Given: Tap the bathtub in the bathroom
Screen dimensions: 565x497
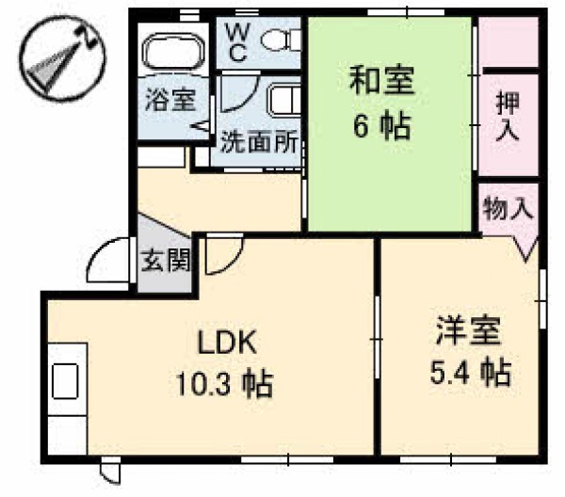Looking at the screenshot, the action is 173,51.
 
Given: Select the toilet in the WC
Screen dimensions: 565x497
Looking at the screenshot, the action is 280,40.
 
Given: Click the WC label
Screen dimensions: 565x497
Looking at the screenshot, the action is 237,43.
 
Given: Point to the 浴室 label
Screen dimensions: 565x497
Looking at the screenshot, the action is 170,100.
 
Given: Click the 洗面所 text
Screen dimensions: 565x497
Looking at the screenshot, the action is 259,141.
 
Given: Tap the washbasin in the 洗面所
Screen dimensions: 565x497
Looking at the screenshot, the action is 283,101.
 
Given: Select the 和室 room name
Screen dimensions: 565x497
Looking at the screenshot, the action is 381,80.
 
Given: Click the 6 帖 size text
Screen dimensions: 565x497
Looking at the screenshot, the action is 381,126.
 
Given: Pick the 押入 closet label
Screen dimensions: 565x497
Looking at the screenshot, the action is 508,117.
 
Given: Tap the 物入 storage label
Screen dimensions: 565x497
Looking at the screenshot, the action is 508,209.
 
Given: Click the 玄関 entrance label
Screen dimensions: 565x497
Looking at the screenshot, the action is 166,260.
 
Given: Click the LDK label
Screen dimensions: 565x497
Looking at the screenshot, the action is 227,342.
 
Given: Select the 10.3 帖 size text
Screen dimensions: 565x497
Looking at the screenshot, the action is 224,384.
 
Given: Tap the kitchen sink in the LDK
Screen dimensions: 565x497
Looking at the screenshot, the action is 65,381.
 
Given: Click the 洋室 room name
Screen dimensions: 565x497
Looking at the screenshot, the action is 468,330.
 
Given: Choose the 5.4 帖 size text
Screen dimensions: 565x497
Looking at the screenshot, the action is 471,373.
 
